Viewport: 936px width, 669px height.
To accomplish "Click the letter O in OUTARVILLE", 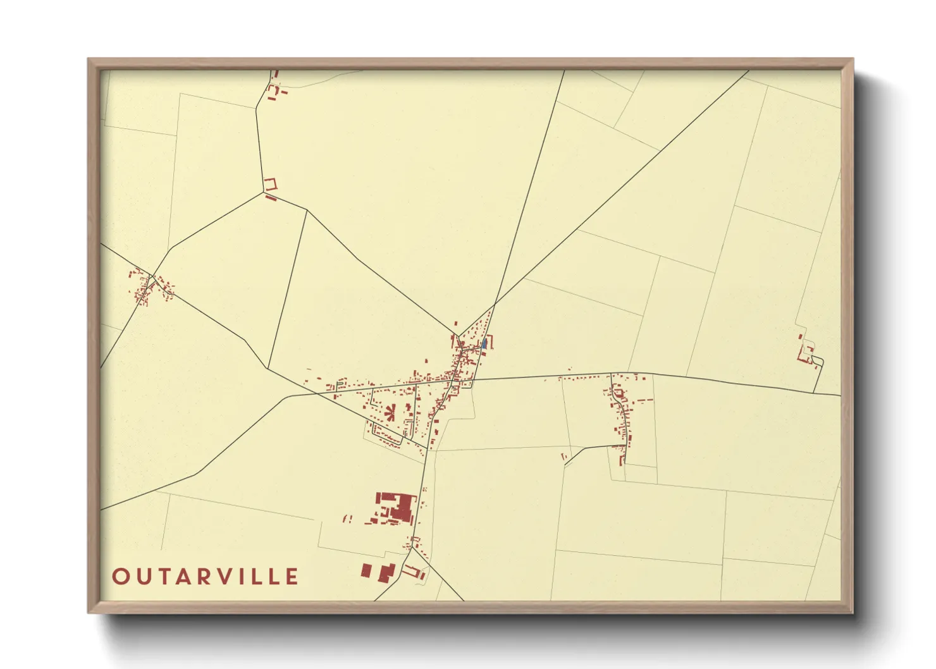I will click(x=120, y=577).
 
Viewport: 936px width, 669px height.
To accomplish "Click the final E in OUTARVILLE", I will click(x=292, y=577).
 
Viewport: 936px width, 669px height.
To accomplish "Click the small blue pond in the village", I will click(x=484, y=343).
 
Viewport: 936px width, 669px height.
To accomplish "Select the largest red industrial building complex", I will click(x=397, y=507).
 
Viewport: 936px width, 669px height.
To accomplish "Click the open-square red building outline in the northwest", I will click(x=271, y=184).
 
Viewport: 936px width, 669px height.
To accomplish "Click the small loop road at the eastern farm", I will click(x=817, y=362).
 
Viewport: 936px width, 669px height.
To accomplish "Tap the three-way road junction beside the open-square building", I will click(x=263, y=192).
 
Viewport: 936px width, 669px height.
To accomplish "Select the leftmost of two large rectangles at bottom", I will click(x=366, y=570).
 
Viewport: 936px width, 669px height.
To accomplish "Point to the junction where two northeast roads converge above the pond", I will click(x=494, y=305).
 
